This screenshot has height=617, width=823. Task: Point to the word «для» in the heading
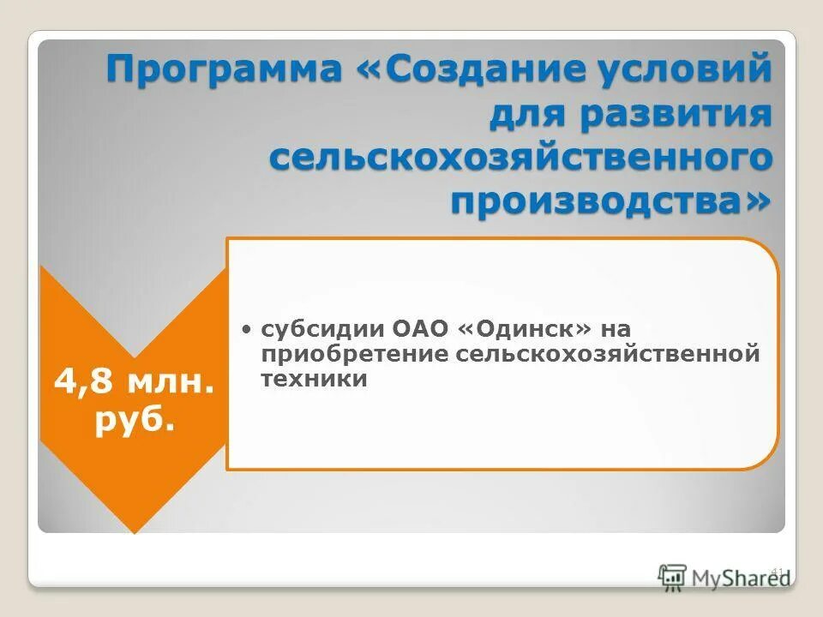click(x=525, y=116)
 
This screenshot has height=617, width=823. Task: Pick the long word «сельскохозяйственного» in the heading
click(x=520, y=160)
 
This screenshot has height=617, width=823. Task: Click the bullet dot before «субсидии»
click(x=246, y=329)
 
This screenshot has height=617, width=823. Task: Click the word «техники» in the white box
click(x=314, y=379)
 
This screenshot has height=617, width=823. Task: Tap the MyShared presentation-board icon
click(x=673, y=577)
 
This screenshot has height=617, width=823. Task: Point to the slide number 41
click(x=778, y=570)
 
